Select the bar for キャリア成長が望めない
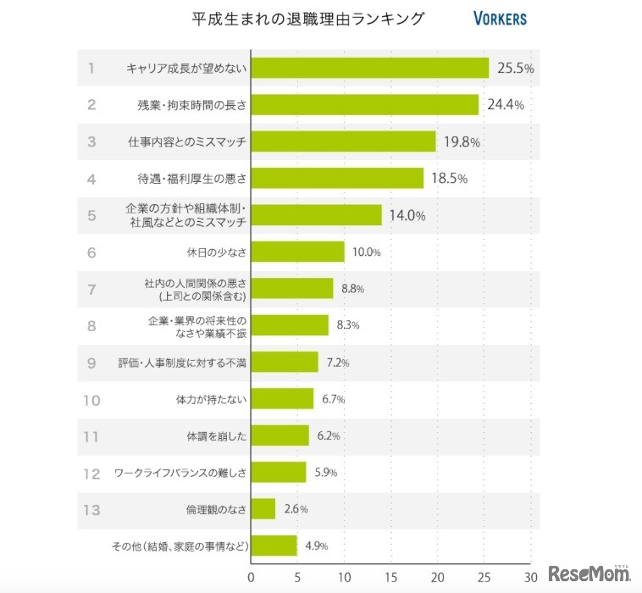coord(370,68)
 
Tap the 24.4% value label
coord(505,105)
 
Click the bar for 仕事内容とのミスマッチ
coord(344,141)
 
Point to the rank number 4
coord(91,178)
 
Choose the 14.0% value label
coord(407,215)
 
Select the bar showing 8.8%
coord(292,288)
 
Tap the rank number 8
coord(91,325)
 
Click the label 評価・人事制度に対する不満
coord(182,362)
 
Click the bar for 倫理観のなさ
coord(263,509)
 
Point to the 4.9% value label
coord(315,546)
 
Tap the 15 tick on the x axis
coord(390,578)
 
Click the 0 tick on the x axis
coord(251,578)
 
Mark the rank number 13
coord(91,509)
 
